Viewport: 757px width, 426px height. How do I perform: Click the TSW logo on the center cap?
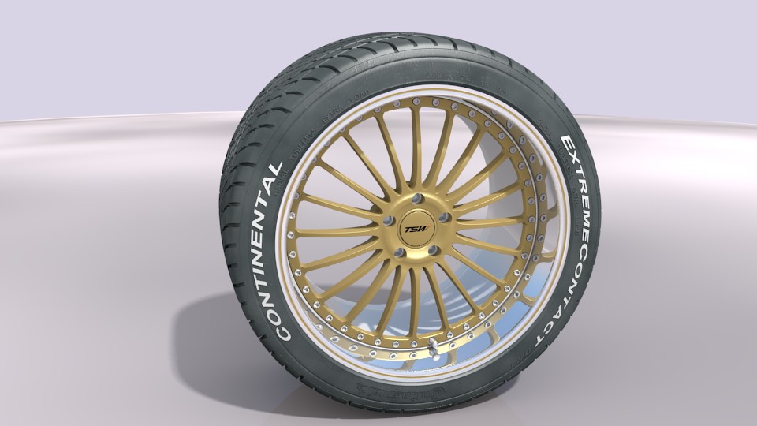[416, 230]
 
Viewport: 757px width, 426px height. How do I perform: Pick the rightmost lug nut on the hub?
[444, 217]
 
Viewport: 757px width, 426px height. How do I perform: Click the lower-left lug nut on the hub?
[399, 252]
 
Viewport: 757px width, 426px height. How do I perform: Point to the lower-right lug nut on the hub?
[433, 251]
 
